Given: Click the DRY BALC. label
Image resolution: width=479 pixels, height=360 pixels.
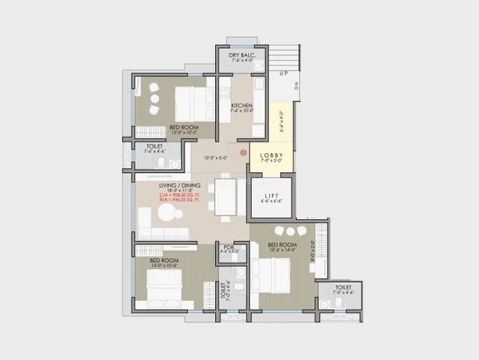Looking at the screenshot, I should tap(240, 56).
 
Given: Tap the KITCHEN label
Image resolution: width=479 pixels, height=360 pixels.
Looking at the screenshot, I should tap(242, 106).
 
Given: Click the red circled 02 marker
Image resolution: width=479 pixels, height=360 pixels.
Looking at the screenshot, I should tap(243, 152).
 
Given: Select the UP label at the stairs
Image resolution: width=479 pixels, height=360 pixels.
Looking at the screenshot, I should tap(283, 74).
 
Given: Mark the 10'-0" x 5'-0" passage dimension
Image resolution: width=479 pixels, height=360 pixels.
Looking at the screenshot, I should tap(215, 159).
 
